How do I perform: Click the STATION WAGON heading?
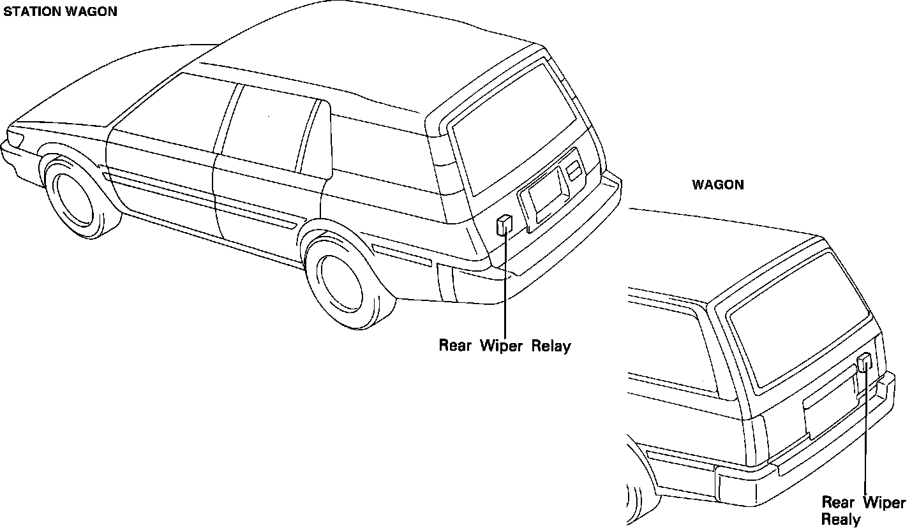[61, 12]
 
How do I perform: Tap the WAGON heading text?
[718, 185]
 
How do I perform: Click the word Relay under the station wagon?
[551, 346]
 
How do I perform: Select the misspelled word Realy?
[841, 519]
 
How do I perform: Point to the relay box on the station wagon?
[504, 224]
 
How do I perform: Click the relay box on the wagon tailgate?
[865, 362]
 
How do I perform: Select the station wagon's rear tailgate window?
[511, 128]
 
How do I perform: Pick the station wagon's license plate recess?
[546, 191]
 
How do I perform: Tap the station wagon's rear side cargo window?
[377, 153]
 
